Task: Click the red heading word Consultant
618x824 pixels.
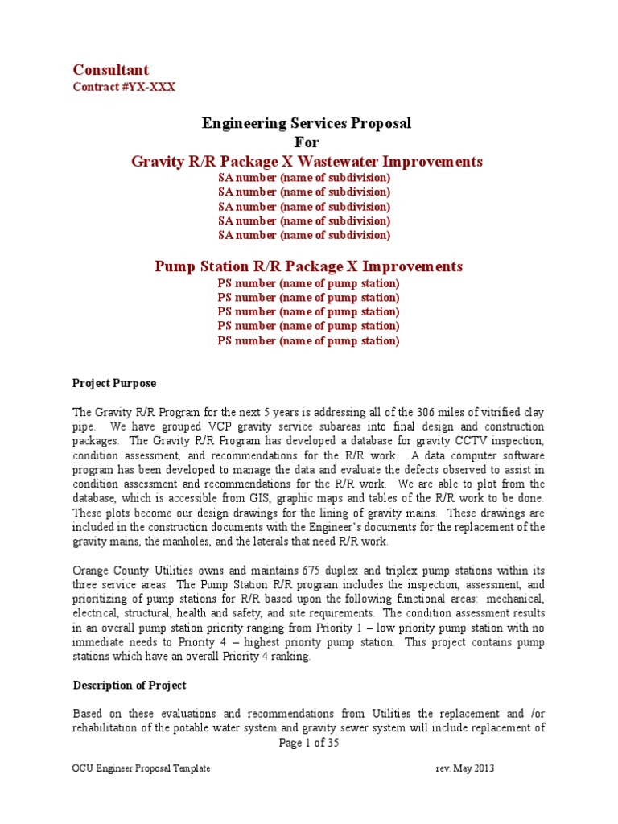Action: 111,70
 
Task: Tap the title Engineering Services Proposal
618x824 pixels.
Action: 306,123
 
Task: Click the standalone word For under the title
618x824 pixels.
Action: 306,142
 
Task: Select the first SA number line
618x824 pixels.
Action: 304,177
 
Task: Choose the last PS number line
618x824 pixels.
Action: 308,340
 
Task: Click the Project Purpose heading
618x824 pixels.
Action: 114,383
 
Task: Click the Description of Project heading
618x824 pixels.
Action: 130,686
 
